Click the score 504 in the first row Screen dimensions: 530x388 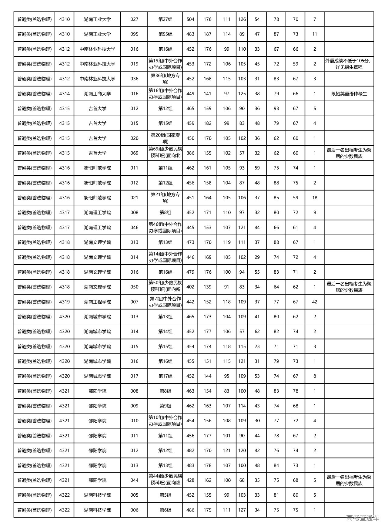[190, 19]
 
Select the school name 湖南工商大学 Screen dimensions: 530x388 [97, 94]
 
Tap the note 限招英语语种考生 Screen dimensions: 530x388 [349, 94]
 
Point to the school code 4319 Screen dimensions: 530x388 [64, 302]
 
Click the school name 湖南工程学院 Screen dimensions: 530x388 [97, 302]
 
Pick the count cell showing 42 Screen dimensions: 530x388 [315, 302]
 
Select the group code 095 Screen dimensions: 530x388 [134, 34]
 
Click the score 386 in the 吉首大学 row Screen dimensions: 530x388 [190, 153]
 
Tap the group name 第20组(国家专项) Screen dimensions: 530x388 [165, 138]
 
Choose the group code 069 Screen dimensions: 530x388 [134, 153]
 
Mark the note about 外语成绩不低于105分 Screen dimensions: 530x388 [349, 64]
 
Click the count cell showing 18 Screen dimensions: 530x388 [315, 198]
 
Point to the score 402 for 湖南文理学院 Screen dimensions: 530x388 [190, 287]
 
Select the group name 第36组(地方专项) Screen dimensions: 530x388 [165, 79]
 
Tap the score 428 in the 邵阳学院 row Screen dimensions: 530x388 [190, 480]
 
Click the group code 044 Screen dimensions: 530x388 [134, 480]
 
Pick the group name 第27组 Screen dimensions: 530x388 [165, 19]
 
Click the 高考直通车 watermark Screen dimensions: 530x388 [363, 518]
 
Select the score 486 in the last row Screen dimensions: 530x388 [190, 510]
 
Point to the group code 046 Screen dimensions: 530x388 [134, 228]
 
